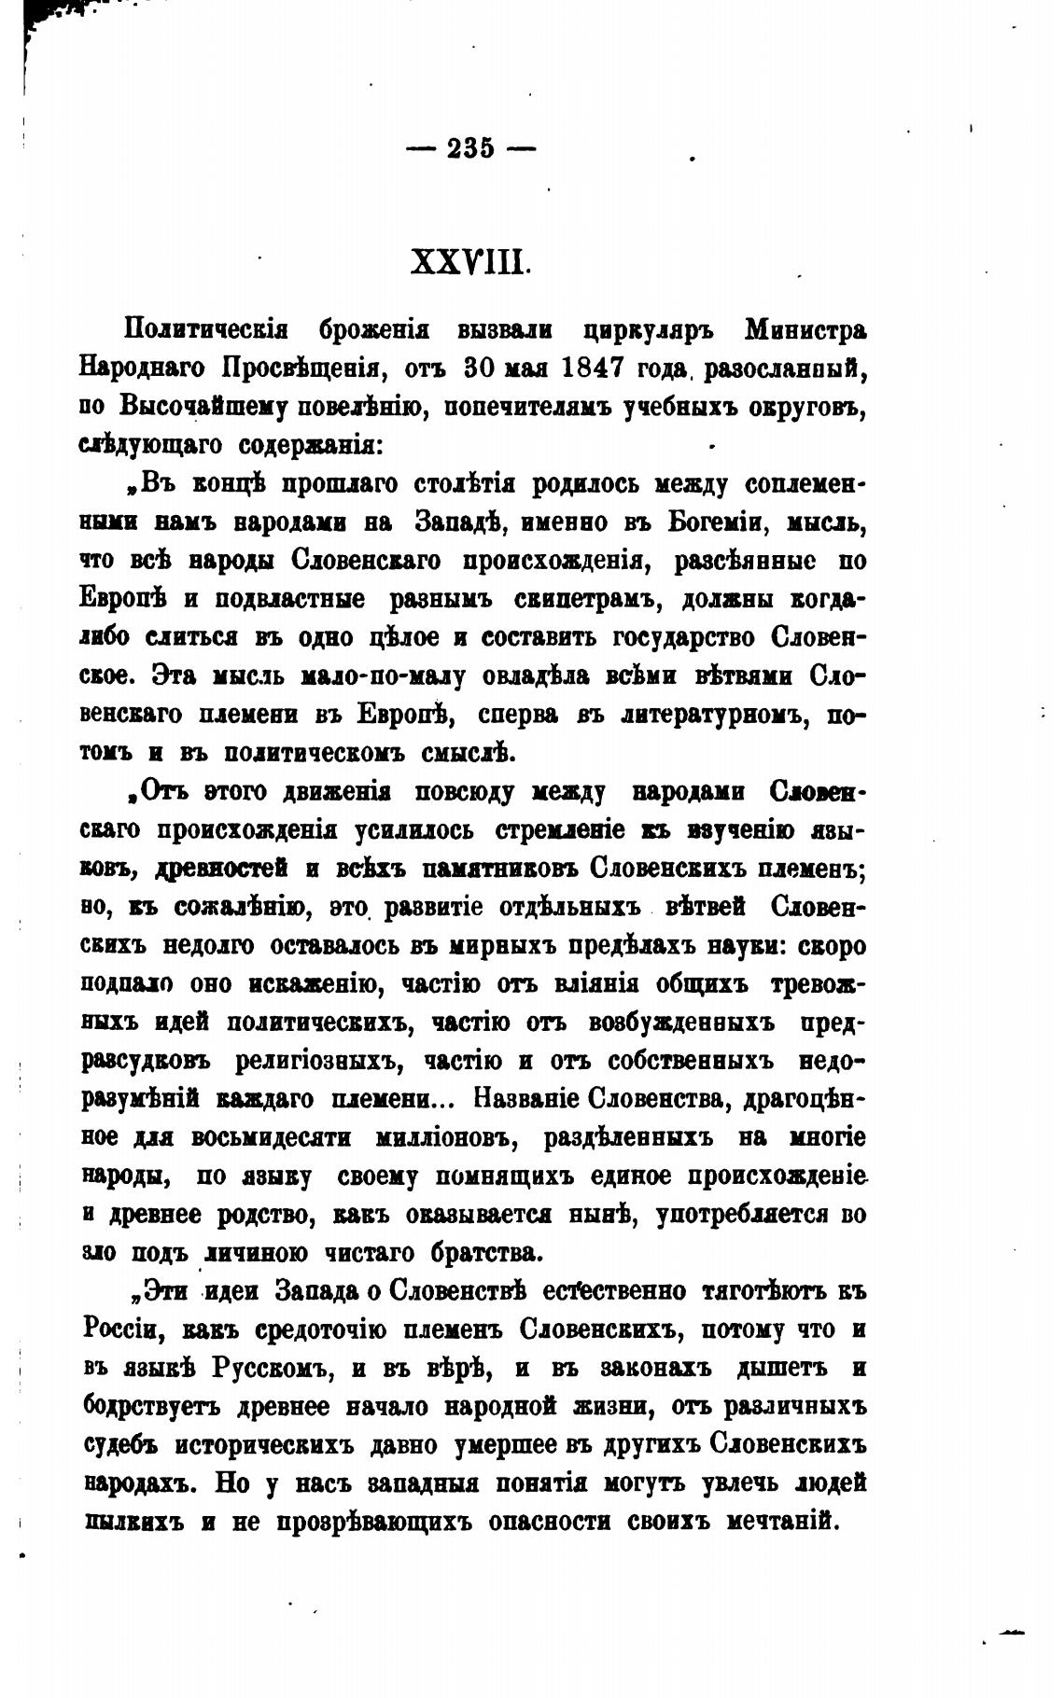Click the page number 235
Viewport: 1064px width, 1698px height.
pos(470,148)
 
